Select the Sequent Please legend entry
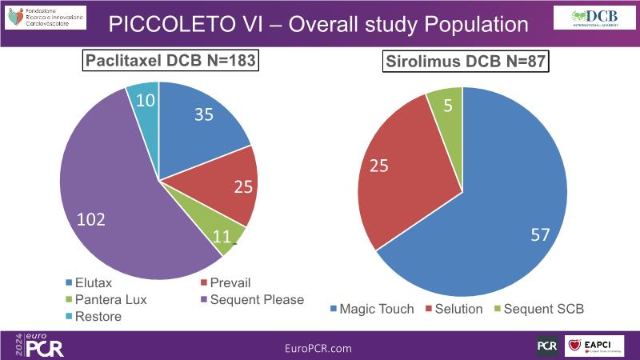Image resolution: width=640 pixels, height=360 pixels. [251, 299]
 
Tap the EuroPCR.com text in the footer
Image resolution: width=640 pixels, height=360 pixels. [318, 348]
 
